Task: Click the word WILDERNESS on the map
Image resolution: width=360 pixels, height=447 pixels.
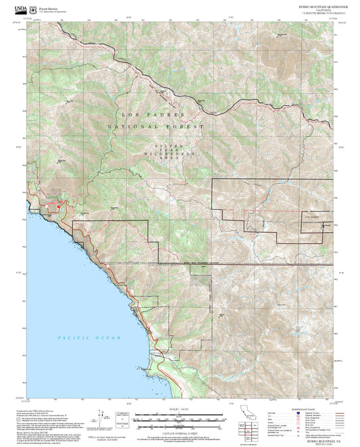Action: (170, 155)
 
